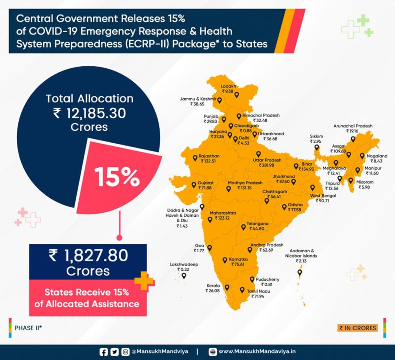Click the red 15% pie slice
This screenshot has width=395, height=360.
pos(117,177)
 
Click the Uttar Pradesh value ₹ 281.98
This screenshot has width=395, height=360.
pos(267,165)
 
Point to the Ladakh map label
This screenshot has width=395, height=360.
pos(228,86)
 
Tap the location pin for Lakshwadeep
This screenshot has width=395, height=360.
pos(184,276)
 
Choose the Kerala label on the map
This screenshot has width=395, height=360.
pos(213,286)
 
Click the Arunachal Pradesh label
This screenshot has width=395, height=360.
pos(353,126)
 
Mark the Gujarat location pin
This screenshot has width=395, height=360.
pos(194,185)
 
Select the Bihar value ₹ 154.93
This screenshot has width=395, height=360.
pos(306,169)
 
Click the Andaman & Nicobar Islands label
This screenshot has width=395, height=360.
pos(301,253)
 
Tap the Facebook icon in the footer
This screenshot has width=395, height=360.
pos(104,352)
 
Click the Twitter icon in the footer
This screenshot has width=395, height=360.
pos(114,352)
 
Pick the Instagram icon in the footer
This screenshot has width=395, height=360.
pos(125,352)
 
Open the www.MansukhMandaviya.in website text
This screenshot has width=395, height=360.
pos(257,352)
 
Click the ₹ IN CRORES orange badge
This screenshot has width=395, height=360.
pos(358,328)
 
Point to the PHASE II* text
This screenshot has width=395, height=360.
pos(28,328)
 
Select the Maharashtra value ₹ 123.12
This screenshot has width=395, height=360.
pos(222,218)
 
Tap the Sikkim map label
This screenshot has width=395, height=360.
pos(316,136)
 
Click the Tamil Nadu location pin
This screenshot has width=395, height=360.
pos(242,290)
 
